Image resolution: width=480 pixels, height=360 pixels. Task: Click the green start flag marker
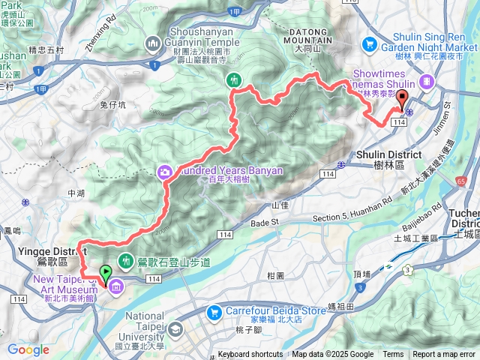tap(105, 274)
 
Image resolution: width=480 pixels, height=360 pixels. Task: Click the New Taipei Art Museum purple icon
tap(116, 286)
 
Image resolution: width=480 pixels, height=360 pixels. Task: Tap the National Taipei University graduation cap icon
tap(175, 329)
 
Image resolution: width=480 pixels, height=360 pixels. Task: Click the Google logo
tap(28, 349)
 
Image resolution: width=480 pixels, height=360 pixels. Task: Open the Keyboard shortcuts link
tap(250, 355)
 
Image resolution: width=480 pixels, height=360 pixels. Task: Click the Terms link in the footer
tap(393, 355)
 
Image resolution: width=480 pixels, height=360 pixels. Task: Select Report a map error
tap(445, 355)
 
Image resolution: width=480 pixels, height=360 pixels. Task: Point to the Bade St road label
tap(263, 222)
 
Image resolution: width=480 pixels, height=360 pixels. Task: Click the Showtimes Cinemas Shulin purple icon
tap(427, 80)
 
